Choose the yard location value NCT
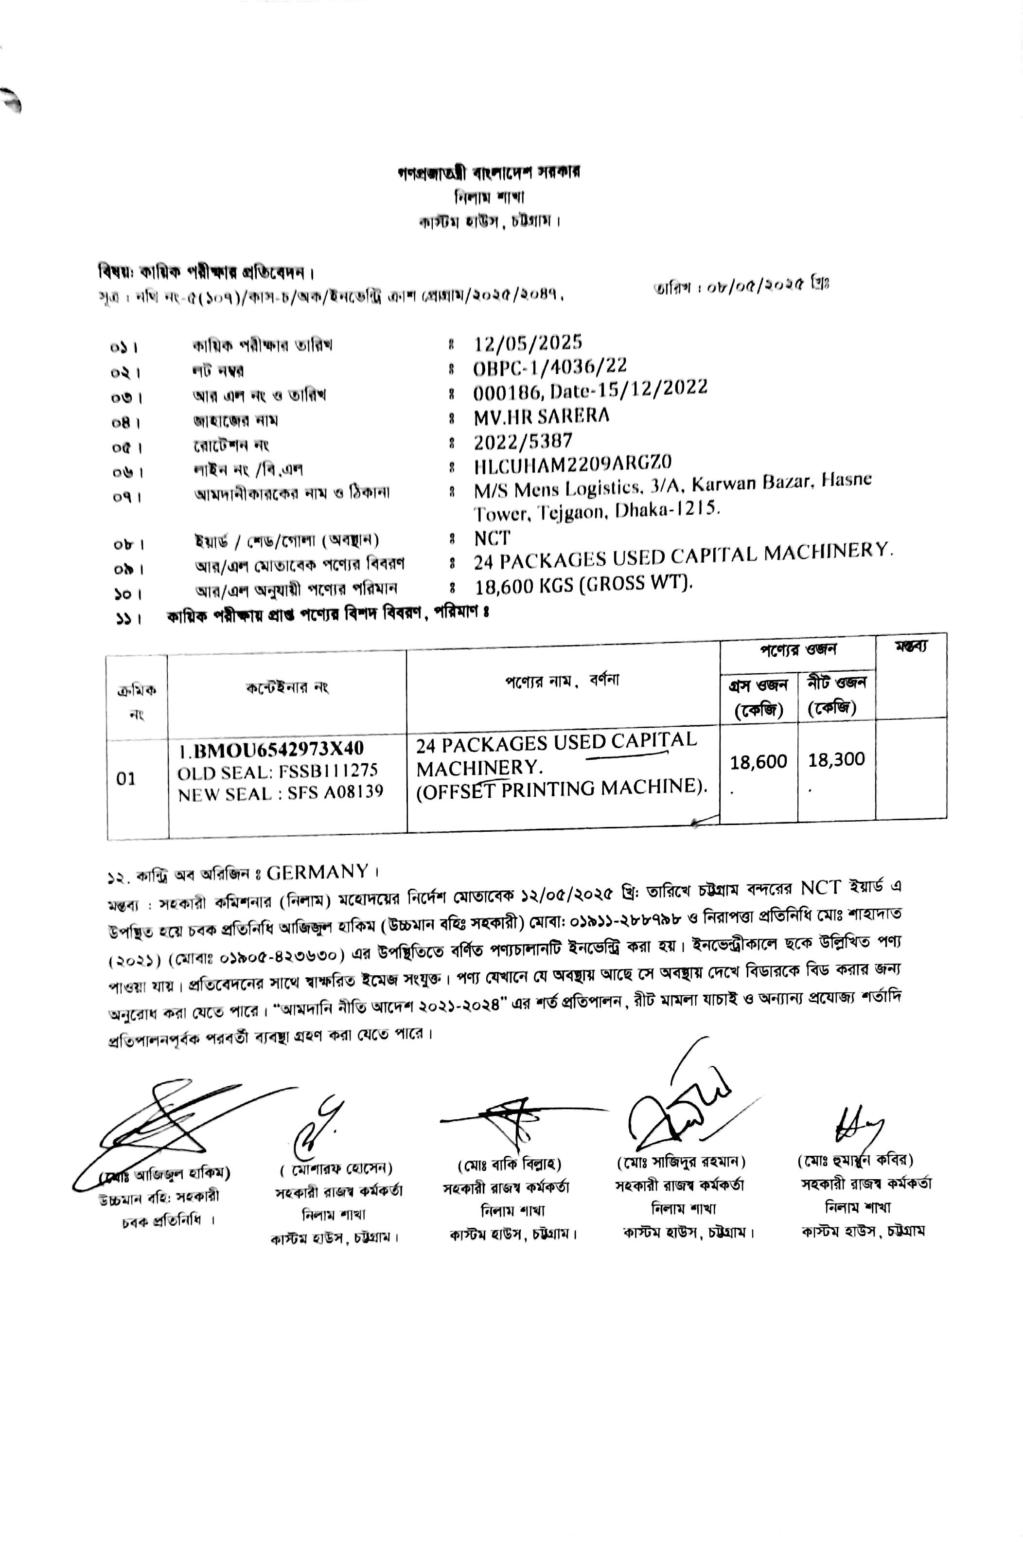point(493,538)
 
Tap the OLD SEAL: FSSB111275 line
point(277,771)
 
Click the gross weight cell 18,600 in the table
point(758,761)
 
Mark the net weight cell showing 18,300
point(836,759)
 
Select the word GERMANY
point(317,871)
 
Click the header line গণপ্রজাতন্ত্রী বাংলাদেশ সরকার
point(489,173)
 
